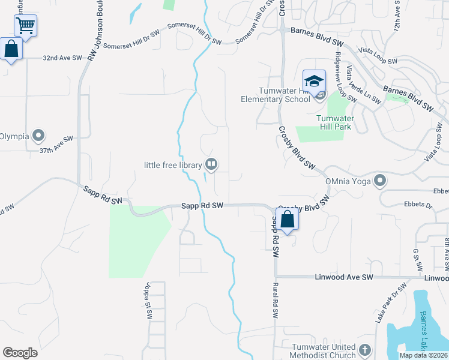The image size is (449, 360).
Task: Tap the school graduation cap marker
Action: pyautogui.click(x=314, y=82)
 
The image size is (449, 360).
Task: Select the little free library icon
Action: pyautogui.click(x=211, y=164)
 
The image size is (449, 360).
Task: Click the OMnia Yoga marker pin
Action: pyautogui.click(x=379, y=181)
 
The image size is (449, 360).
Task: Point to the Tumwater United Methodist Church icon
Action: pyautogui.click(x=364, y=349)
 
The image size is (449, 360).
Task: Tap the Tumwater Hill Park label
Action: pyautogui.click(x=335, y=122)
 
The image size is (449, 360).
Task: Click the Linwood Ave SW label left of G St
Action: pyautogui.click(x=344, y=277)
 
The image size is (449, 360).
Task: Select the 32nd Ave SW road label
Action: pyautogui.click(x=62, y=58)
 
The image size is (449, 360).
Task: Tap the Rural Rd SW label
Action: pyautogui.click(x=275, y=300)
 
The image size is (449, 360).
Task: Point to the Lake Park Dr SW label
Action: pyautogui.click(x=383, y=308)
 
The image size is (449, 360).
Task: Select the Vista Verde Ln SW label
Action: pyautogui.click(x=363, y=85)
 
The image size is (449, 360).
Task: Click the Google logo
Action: pyautogui.click(x=20, y=352)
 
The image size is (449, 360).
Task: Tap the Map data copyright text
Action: pyautogui.click(x=423, y=355)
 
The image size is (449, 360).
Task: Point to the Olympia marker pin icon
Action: pyautogui.click(x=40, y=136)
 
